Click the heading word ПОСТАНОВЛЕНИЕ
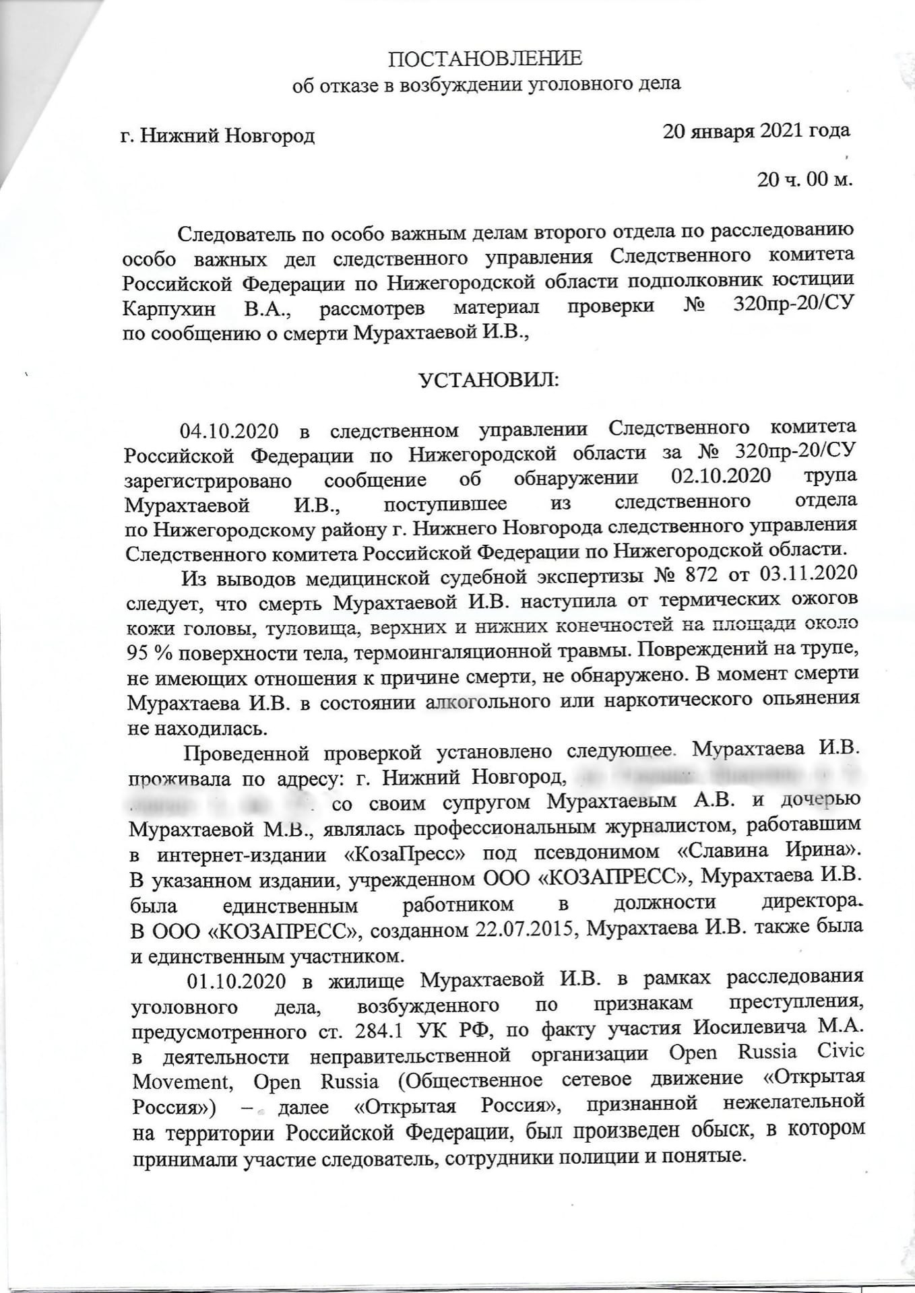pyautogui.click(x=484, y=59)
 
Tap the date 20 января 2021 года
pyautogui.click(x=756, y=131)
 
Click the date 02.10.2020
pyautogui.click(x=721, y=476)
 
